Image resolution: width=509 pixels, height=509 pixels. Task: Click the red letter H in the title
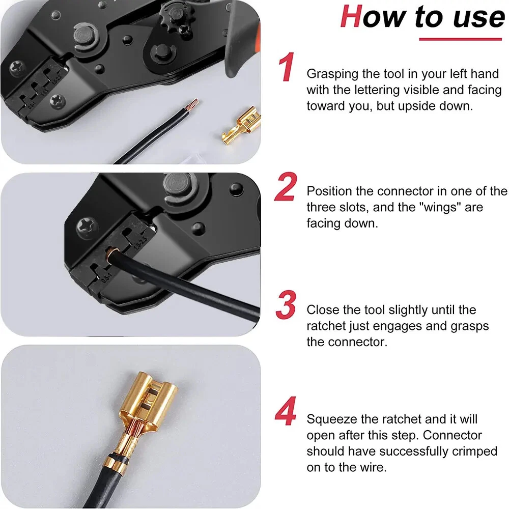[352, 16]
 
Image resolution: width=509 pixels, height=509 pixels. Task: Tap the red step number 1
[287, 67]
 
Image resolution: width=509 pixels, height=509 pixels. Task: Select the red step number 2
[286, 187]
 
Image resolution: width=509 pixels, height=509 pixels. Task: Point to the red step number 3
[286, 305]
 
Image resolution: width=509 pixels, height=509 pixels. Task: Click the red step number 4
[286, 411]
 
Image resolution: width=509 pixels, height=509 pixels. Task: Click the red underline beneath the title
[460, 39]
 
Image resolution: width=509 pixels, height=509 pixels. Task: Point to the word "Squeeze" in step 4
[331, 419]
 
